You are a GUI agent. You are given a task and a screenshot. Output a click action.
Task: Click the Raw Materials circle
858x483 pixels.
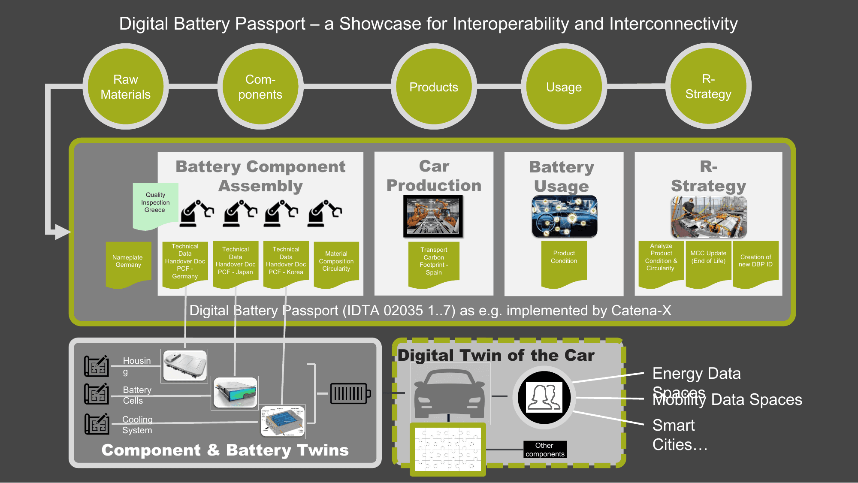click(x=125, y=87)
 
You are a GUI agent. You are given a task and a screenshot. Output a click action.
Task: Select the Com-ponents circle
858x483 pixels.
click(x=260, y=87)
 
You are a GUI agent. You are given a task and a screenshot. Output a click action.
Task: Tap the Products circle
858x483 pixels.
click(x=433, y=87)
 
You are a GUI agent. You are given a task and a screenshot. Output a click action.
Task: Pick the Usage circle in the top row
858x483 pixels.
click(x=564, y=87)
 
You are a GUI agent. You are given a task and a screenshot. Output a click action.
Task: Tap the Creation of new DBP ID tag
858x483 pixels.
click(x=755, y=262)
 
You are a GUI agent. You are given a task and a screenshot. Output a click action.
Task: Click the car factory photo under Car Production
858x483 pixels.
click(x=433, y=216)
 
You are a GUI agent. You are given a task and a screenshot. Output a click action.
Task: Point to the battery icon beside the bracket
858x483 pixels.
click(x=350, y=393)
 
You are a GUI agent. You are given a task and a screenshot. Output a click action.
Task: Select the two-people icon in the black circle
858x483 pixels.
click(x=544, y=397)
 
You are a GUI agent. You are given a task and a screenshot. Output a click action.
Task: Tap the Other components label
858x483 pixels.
click(x=545, y=450)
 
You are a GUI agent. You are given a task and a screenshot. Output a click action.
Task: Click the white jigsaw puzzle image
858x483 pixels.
click(x=448, y=449)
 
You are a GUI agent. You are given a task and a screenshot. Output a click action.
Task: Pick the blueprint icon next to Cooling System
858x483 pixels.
click(x=97, y=424)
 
